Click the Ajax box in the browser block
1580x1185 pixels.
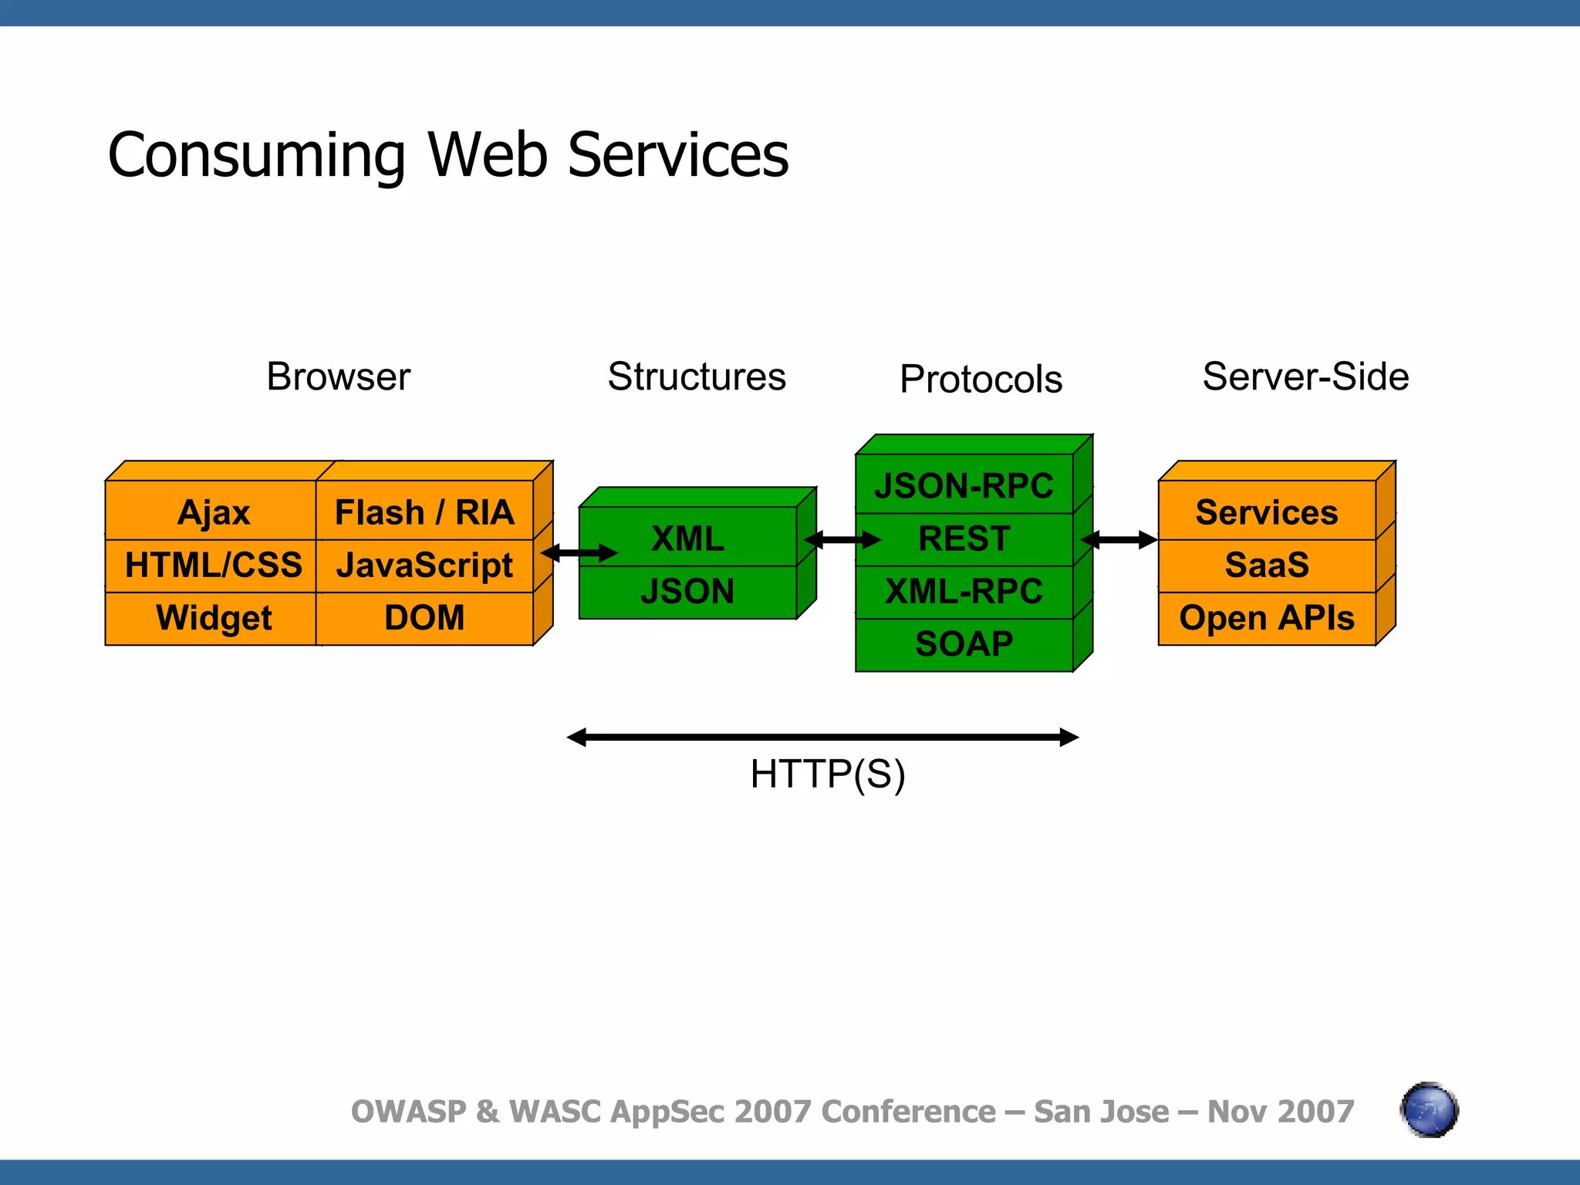point(213,512)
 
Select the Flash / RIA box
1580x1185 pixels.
point(424,512)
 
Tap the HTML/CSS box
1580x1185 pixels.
point(213,565)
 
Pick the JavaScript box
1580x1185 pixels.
point(424,565)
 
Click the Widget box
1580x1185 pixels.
point(213,618)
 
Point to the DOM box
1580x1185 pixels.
point(424,618)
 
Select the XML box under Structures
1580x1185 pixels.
point(687,538)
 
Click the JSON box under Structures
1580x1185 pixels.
point(687,591)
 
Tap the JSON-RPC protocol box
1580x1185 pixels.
point(964,485)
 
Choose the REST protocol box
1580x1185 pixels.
point(964,538)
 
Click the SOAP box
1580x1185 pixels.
point(964,643)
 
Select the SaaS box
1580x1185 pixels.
point(1267,565)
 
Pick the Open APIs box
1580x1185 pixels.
point(1267,618)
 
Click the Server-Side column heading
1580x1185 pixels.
point(1305,376)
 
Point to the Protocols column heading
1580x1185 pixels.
point(981,379)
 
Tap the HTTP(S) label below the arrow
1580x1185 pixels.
point(827,774)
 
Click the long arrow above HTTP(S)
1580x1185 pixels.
point(822,738)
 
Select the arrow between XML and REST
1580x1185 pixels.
point(842,539)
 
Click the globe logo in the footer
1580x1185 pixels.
point(1429,1110)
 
